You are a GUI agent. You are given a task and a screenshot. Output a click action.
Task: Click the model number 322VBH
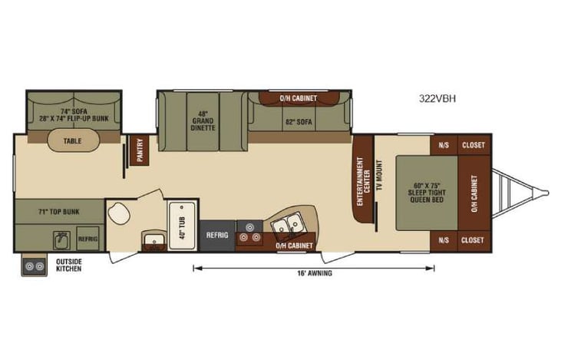(438, 98)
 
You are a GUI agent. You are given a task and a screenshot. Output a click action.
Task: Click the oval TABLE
(73, 141)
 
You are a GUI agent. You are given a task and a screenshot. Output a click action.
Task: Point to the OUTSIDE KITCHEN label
(68, 265)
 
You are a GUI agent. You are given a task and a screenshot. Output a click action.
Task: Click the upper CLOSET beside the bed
(472, 144)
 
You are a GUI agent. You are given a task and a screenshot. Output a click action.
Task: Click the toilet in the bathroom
(120, 211)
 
